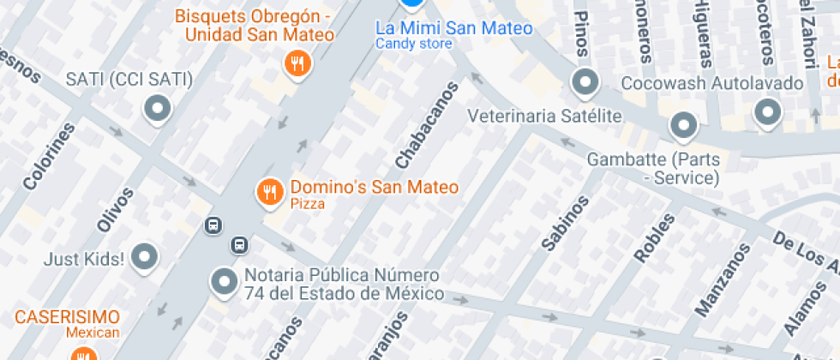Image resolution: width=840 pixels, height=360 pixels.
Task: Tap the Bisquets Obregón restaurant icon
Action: click(297, 62)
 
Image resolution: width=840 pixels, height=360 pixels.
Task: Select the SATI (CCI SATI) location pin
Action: click(157, 109)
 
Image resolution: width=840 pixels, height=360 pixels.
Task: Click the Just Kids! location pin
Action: click(145, 256)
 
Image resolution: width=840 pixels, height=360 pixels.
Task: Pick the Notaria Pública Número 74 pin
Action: click(225, 280)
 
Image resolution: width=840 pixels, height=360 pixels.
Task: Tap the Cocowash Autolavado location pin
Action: click(585, 83)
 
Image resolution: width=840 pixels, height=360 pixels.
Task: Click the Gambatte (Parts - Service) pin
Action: click(683, 126)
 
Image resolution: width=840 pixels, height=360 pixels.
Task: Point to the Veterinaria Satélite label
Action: click(544, 115)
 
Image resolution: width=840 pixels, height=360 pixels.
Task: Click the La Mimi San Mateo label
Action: click(454, 28)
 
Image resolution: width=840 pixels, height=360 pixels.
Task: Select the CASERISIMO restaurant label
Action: click(67, 316)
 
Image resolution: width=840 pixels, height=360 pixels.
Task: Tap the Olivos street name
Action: click(116, 209)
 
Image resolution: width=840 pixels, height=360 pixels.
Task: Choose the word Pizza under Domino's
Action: click(307, 204)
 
